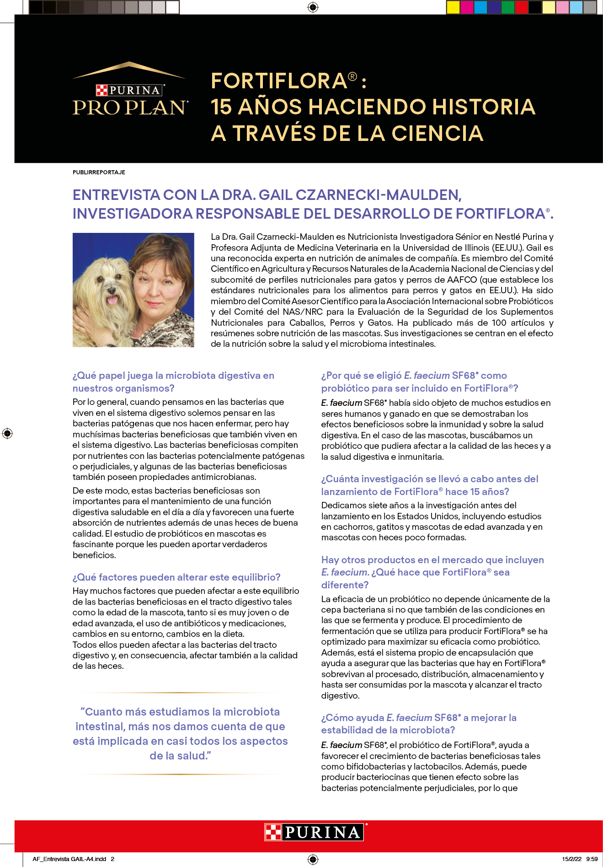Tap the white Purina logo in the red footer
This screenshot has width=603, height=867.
[x=315, y=832]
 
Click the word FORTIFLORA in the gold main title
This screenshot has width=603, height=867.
[x=279, y=81]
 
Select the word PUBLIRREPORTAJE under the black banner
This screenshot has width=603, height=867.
[x=99, y=172]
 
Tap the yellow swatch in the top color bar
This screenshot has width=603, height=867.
[x=453, y=7]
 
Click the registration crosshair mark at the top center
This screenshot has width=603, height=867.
[x=313, y=7]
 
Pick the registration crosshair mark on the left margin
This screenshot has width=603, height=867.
[x=7, y=433]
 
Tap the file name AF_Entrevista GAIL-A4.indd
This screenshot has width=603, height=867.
[x=69, y=859]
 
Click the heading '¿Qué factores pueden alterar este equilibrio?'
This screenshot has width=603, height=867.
[x=176, y=577]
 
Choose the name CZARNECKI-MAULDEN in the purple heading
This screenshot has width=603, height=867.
[x=379, y=195]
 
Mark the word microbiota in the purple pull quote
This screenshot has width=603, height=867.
[x=251, y=712]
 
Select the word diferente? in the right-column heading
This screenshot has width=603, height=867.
[x=345, y=585]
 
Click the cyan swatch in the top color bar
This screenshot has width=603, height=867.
[x=480, y=7]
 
